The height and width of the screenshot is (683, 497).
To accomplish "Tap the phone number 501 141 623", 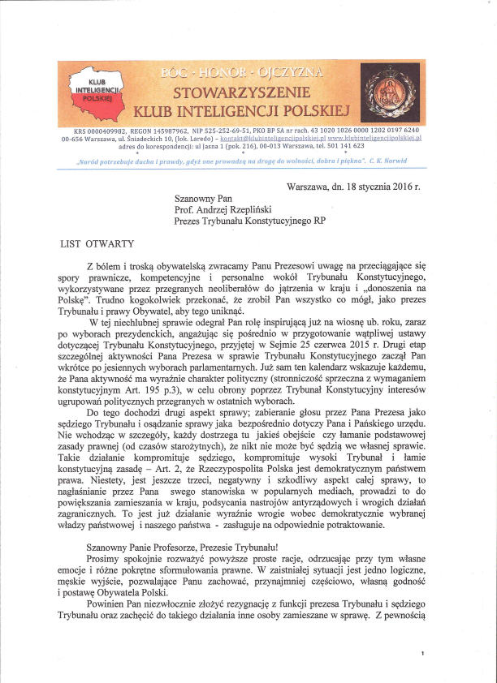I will pos(354,146).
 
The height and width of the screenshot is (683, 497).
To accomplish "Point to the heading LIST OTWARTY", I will pos(96,243).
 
